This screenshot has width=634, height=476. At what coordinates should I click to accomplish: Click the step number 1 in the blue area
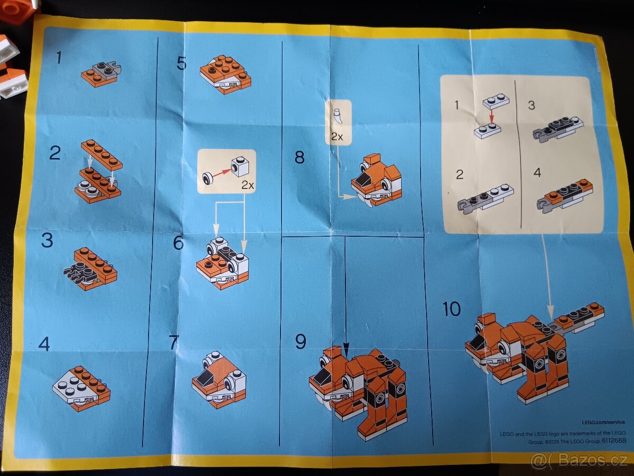tap(59, 57)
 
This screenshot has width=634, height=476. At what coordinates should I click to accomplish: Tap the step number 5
tap(181, 63)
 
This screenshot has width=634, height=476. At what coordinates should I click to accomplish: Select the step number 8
tap(300, 157)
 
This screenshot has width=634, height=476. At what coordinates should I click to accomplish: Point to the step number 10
tap(451, 309)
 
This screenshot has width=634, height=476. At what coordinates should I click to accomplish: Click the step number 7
tap(174, 342)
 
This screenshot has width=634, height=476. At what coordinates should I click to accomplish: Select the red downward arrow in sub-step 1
tap(491, 115)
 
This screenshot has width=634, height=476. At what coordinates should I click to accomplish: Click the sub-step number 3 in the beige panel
tap(531, 105)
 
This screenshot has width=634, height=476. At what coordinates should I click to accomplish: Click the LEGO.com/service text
tap(603, 422)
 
